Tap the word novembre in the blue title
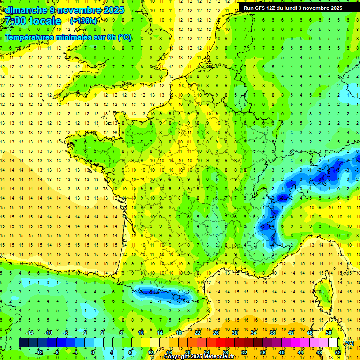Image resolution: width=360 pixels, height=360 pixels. click(78, 10)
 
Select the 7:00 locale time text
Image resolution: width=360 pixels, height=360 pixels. click(33, 22)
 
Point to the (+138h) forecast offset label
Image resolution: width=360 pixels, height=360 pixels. click(83, 21)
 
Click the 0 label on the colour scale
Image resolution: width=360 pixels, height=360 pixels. click(93, 352)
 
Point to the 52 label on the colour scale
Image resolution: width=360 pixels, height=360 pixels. click(337, 352)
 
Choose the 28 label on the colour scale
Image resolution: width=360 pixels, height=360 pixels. click(225, 352)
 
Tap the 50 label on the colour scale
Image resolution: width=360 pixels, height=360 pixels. click(328, 333)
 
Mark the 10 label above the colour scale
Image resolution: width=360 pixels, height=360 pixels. click(141, 333)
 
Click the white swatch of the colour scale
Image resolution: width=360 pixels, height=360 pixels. click(333, 343)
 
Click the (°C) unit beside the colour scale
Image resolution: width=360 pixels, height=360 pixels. click(349, 343)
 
